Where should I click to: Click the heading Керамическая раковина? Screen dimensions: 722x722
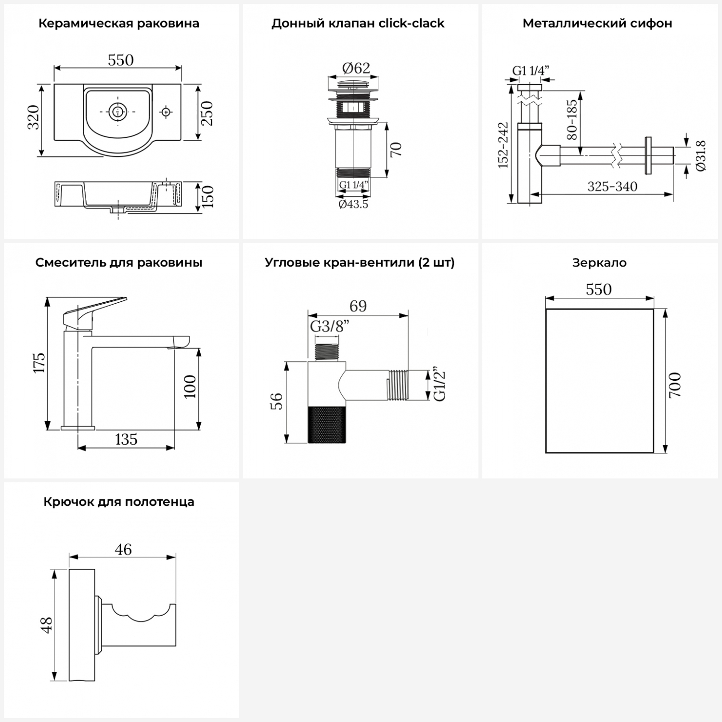pyautogui.click(x=118, y=24)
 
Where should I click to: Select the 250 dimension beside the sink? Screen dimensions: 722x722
pyautogui.click(x=207, y=113)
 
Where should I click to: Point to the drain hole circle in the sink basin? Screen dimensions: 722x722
pyautogui.click(x=116, y=112)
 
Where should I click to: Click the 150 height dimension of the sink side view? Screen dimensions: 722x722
pyautogui.click(x=207, y=196)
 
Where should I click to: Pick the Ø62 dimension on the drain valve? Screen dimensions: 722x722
pyautogui.click(x=356, y=68)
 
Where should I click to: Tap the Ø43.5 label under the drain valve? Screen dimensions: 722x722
pyautogui.click(x=353, y=204)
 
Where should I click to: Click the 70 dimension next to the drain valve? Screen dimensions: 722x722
pyautogui.click(x=396, y=150)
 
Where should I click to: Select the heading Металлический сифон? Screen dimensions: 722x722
pyautogui.click(x=597, y=24)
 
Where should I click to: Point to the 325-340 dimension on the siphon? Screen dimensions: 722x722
pyautogui.click(x=612, y=187)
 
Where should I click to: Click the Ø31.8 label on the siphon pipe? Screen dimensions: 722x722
pyautogui.click(x=701, y=155)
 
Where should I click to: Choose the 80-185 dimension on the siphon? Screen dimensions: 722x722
pyautogui.click(x=572, y=120)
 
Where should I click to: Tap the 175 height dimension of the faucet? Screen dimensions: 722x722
pyautogui.click(x=39, y=363)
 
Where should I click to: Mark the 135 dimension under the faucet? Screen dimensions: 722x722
pyautogui.click(x=126, y=439)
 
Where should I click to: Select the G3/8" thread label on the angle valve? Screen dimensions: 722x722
pyautogui.click(x=330, y=326)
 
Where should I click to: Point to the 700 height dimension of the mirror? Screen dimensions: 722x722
pyautogui.click(x=675, y=385)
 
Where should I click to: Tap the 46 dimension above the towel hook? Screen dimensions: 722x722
pyautogui.click(x=123, y=549)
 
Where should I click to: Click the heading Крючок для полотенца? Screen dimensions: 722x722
pyautogui.click(x=119, y=502)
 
